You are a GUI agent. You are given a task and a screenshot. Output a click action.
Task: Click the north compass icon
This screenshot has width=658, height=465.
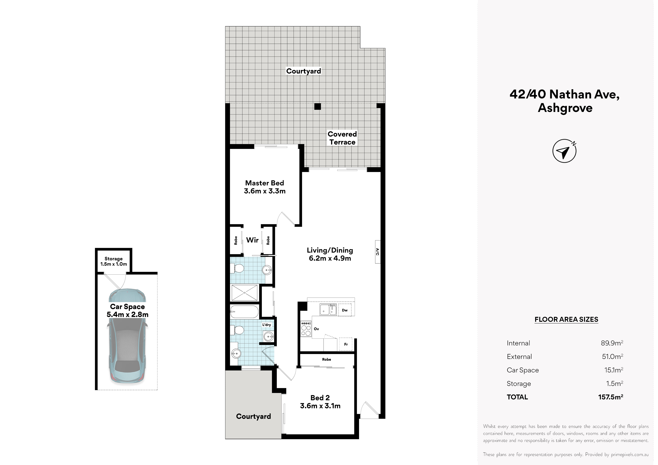(564, 151)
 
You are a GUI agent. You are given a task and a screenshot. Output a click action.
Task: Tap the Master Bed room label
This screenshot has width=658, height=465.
(264, 187)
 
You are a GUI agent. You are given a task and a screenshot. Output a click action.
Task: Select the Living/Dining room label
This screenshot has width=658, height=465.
(330, 254)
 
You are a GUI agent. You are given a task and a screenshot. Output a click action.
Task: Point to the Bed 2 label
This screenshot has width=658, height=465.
(320, 402)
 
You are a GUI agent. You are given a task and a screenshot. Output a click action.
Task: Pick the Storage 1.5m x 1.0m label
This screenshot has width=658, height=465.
(113, 261)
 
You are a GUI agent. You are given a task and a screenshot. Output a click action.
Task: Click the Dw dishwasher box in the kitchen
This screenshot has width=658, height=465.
(345, 310)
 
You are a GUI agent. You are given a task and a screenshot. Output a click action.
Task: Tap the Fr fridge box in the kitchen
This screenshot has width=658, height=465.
(346, 344)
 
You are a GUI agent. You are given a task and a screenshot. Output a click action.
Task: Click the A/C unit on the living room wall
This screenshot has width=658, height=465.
(377, 252)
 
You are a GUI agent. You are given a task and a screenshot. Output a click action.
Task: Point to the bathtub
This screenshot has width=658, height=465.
(244, 311)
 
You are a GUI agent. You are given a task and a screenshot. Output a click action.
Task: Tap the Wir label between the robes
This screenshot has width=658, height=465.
(252, 240)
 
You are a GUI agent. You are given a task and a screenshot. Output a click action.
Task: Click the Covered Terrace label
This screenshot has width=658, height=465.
(342, 138)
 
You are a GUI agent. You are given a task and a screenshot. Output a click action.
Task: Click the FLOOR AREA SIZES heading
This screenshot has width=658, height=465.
(566, 319)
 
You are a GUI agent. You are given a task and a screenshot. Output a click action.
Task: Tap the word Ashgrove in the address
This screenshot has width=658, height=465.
(565, 108)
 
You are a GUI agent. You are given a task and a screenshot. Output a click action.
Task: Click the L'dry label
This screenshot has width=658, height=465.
(267, 325)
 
